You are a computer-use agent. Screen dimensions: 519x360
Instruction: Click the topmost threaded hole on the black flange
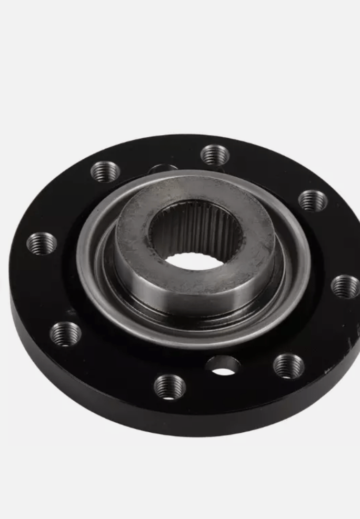click(x=215, y=155)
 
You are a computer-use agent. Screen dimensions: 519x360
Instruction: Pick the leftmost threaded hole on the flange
click(x=42, y=243)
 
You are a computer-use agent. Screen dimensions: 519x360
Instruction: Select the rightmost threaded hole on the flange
click(x=345, y=286)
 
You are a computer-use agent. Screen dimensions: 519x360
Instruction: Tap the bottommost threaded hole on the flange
click(x=169, y=387)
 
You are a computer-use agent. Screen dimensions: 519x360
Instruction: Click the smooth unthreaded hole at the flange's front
click(x=223, y=365)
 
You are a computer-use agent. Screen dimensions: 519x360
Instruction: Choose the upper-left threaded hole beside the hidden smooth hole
click(x=105, y=171)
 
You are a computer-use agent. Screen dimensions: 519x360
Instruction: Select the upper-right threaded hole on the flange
click(x=313, y=200)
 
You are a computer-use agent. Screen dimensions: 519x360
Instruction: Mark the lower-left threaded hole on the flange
click(x=66, y=334)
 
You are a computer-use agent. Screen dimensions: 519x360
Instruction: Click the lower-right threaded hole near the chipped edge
click(x=288, y=366)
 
